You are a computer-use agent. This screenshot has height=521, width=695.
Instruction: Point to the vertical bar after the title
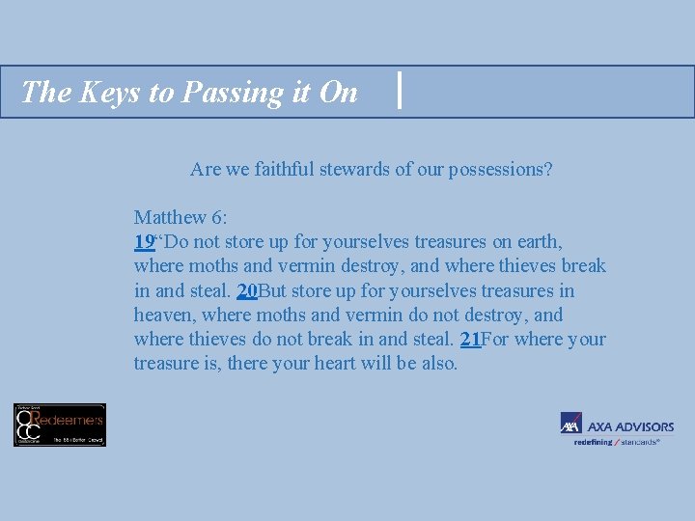(x=400, y=92)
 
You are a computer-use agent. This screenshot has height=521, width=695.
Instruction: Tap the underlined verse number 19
(x=144, y=241)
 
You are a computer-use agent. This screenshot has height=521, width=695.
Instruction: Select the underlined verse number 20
(x=246, y=290)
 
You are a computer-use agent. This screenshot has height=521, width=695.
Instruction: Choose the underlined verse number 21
(x=470, y=340)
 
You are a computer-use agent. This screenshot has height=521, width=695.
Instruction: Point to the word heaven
(x=162, y=315)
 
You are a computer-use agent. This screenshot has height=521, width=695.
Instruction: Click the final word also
(x=439, y=364)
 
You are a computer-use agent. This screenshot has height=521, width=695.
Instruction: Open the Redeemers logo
(x=60, y=425)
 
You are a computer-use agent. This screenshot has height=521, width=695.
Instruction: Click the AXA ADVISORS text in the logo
(x=630, y=426)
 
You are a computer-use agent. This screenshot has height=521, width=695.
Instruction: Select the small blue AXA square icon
(x=570, y=424)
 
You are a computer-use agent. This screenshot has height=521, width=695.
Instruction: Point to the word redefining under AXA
(x=593, y=442)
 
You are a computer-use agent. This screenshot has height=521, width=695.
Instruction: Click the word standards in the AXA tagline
(x=638, y=442)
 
